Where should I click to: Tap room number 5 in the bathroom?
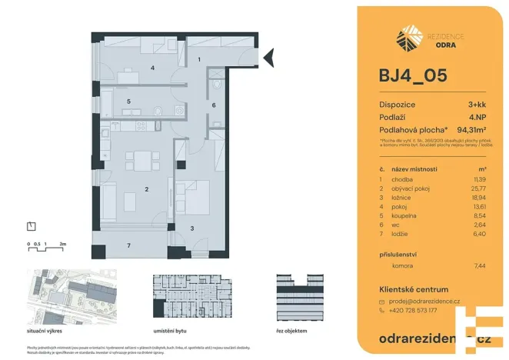point(129,101)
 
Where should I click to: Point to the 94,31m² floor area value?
point(472,129)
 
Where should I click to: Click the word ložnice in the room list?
point(403,196)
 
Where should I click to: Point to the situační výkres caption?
point(45,329)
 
